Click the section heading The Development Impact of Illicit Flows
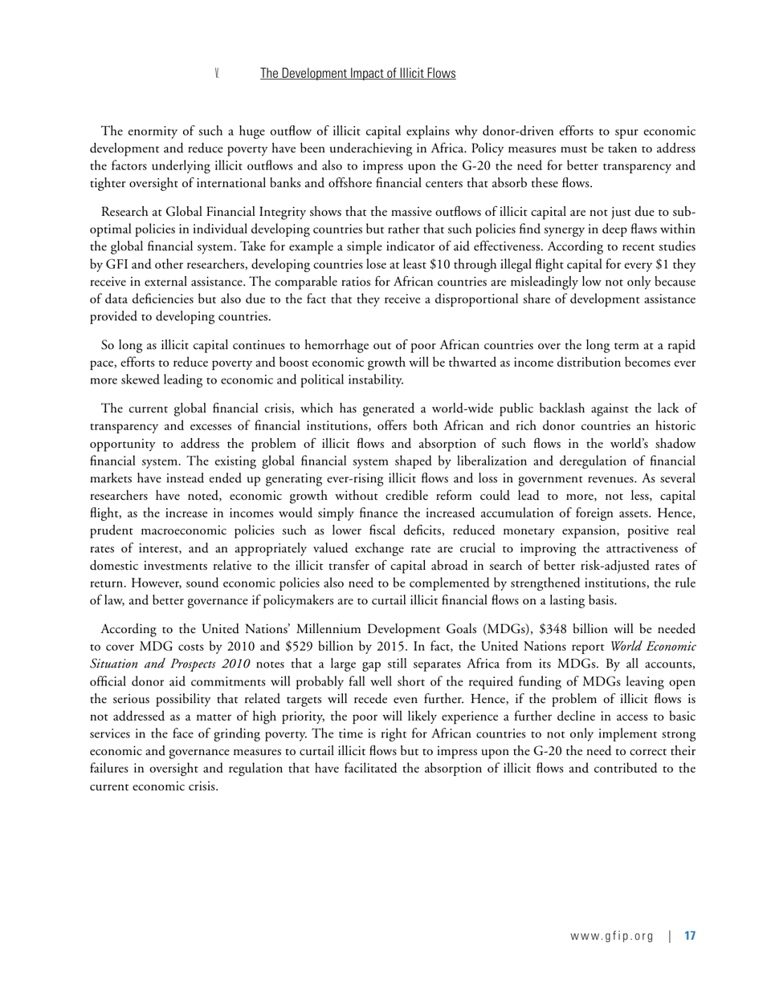357,73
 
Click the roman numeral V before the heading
217,73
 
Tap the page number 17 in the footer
690,936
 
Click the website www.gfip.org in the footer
612,936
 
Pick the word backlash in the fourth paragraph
579,408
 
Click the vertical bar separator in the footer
669,936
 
